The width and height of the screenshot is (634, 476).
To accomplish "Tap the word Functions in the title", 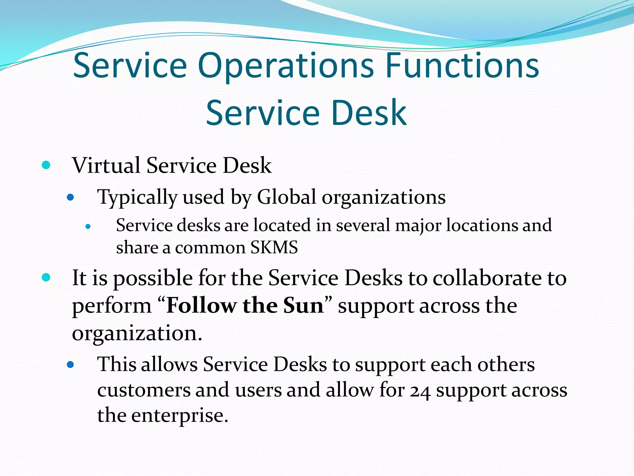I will [x=462, y=66].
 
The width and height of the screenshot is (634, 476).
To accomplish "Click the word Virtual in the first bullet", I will [x=106, y=165].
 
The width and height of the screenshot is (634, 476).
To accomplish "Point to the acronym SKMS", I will [x=274, y=247].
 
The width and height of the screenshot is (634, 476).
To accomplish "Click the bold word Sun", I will [x=303, y=306].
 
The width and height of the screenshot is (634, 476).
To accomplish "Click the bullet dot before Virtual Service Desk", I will [x=46, y=165].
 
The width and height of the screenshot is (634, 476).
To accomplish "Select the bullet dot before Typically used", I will [x=71, y=197].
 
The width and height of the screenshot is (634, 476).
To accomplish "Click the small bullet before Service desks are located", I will [x=88, y=227].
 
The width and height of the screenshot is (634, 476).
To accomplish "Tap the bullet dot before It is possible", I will [x=46, y=277].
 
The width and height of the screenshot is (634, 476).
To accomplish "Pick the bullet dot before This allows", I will [x=71, y=365].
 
